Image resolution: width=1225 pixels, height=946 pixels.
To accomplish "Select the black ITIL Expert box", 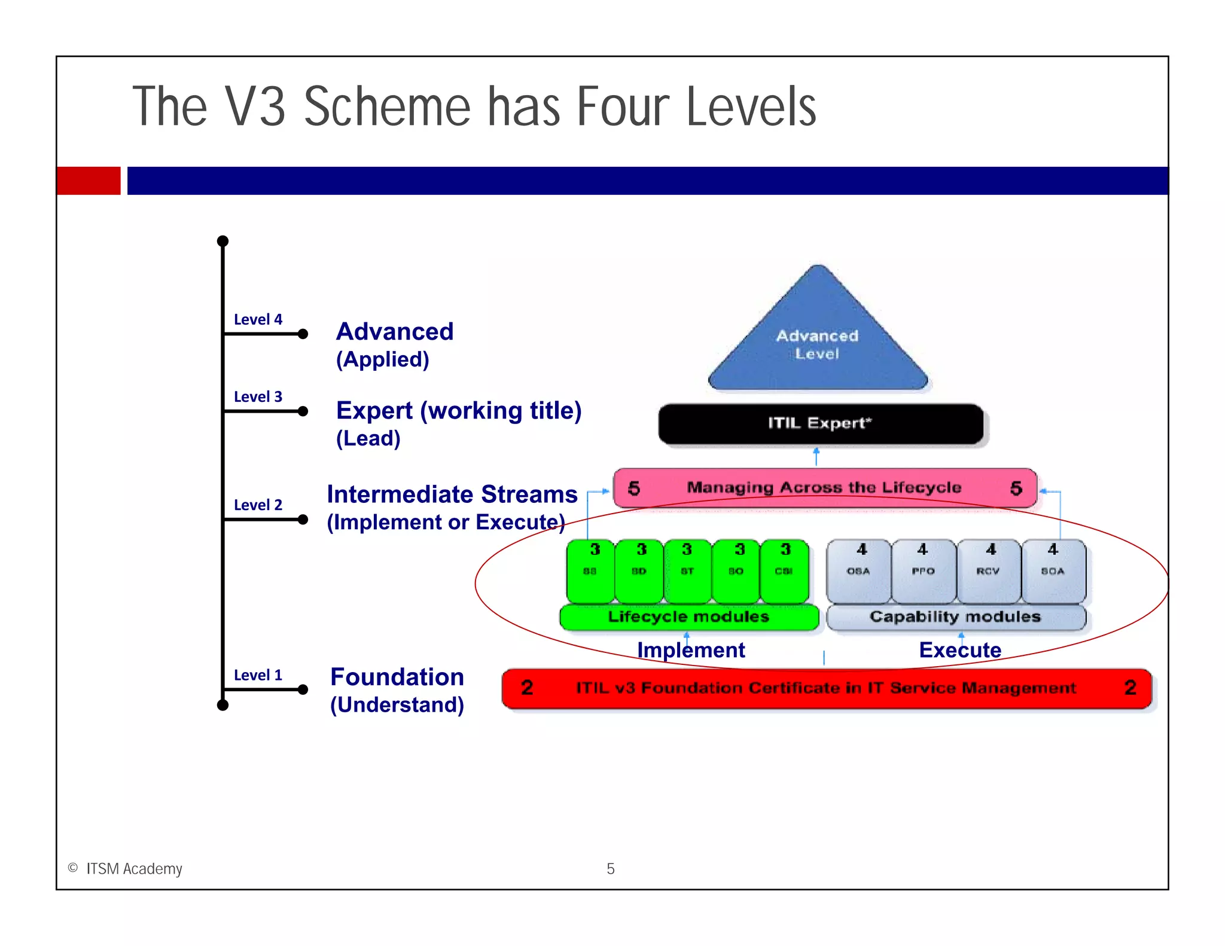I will coord(820,423).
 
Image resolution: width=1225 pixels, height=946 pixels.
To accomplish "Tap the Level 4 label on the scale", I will coord(258,319).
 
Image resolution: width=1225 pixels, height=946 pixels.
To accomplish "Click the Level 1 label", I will coord(258,675).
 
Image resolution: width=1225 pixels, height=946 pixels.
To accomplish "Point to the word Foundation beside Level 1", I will coord(397,677).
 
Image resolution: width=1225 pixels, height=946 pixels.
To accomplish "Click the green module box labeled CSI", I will coord(784,571).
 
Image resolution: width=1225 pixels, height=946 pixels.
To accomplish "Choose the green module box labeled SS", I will coord(590,571).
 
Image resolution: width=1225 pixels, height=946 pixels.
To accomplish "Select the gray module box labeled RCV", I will coord(988,571).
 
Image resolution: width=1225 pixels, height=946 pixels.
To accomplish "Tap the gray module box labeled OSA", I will coord(858,571).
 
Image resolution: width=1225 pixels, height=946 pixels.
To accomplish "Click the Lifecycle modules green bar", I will coord(688,617).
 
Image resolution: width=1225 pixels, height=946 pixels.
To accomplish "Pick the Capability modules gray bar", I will coord(955,617).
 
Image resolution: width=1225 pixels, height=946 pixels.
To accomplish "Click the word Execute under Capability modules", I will coord(959,650).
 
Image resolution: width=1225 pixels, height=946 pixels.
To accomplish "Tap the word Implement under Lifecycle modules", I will coord(691,650).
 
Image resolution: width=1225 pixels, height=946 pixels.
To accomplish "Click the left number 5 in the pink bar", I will coord(634,489).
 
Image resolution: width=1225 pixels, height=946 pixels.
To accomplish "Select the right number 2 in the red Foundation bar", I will coord(1130,688).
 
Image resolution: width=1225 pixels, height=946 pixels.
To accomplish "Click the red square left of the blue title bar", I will coord(89,181).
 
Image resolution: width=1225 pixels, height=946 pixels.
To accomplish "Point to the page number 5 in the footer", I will coord(610,869).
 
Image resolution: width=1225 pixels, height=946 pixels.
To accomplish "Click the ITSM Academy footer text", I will coord(133,869).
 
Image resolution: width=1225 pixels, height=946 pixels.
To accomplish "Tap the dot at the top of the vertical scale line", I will coord(223,241).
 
